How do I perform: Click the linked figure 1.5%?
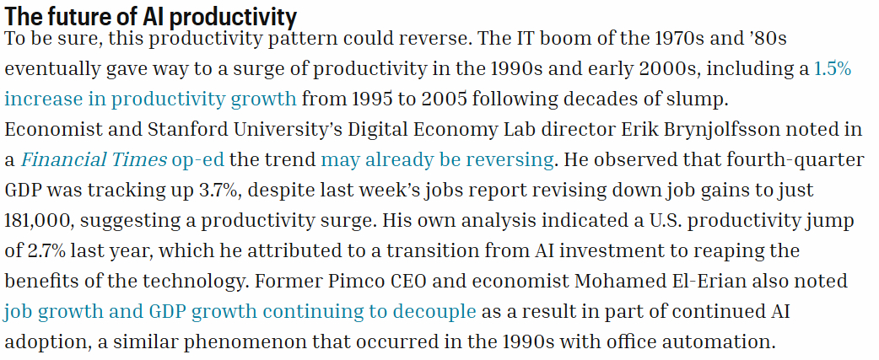(832, 69)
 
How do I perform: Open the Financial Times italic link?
(94, 159)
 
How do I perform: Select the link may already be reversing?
(437, 159)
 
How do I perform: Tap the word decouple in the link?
(439, 311)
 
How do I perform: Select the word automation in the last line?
(722, 341)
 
